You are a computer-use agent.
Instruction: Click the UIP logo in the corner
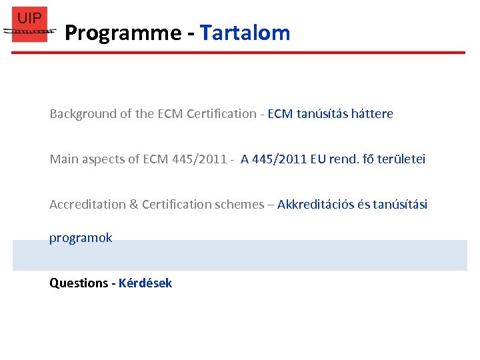(30, 25)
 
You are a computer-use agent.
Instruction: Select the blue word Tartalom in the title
(245, 33)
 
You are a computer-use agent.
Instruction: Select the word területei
(401, 159)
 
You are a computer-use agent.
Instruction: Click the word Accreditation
(85, 205)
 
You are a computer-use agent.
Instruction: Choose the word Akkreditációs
(315, 205)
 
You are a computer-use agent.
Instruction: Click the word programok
(81, 238)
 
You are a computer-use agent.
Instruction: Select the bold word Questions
(79, 283)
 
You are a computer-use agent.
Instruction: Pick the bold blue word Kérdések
(145, 283)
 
